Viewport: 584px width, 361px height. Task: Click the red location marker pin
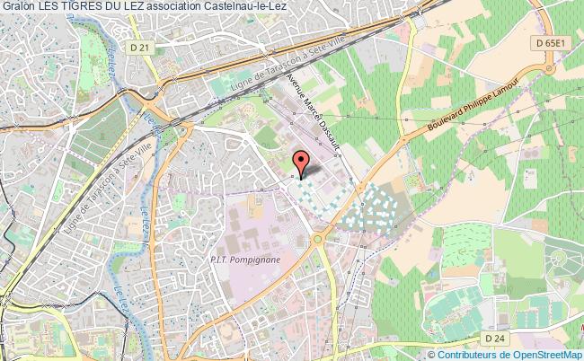coord(302,162)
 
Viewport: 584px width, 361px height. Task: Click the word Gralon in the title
coord(19,7)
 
